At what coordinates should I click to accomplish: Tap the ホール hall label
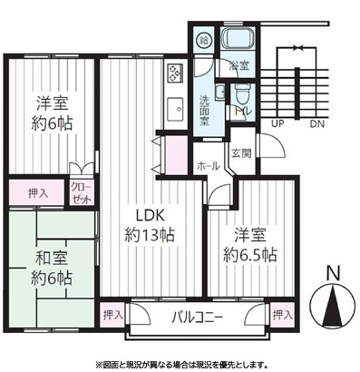tap(206, 166)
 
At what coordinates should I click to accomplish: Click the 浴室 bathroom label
tap(239, 65)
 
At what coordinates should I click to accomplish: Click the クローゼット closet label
tap(82, 191)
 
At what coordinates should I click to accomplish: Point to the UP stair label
tap(277, 122)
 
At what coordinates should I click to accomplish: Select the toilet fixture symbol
tap(240, 94)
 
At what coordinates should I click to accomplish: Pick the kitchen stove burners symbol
tap(175, 74)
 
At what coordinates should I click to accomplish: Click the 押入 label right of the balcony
tap(282, 315)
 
